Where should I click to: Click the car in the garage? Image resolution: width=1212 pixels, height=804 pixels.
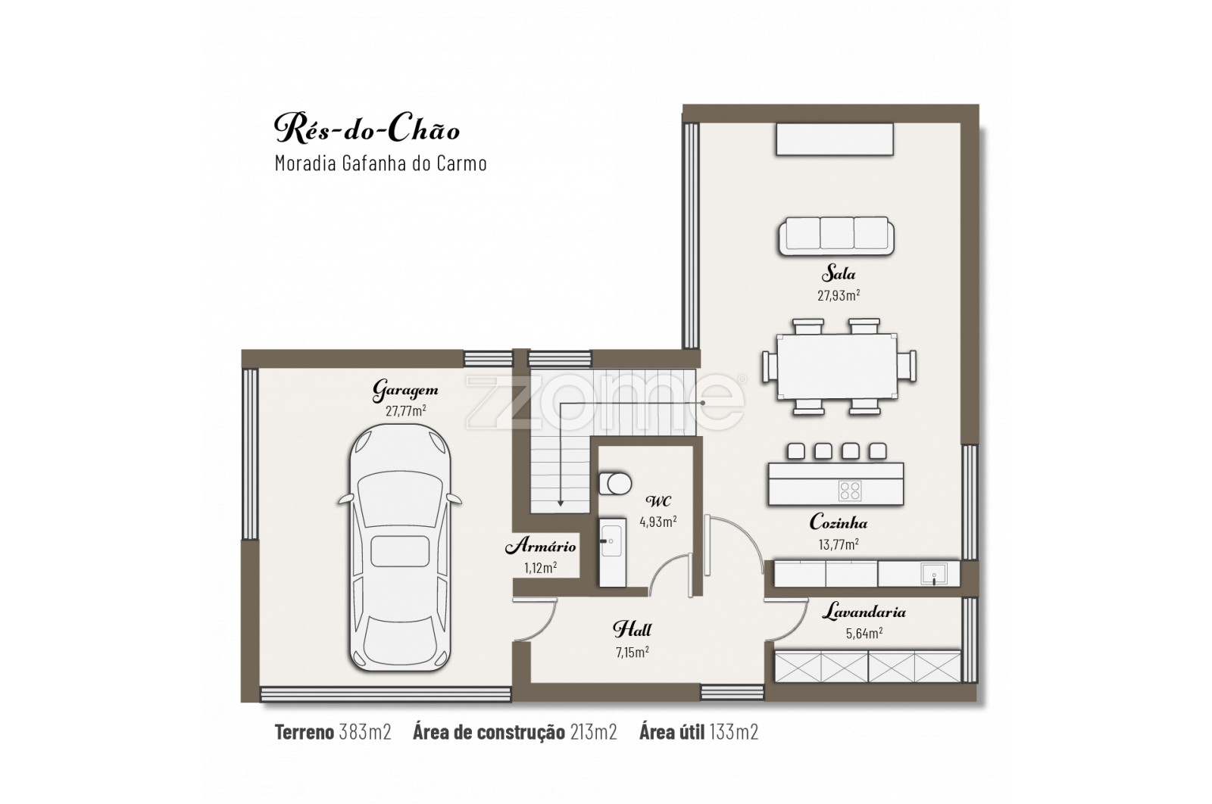(x=400, y=547)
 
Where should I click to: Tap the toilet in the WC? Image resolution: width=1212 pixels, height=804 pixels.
(x=615, y=483)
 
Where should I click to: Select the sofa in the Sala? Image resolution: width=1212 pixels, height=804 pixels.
(x=836, y=235)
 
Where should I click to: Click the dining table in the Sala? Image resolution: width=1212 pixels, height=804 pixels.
(x=837, y=366)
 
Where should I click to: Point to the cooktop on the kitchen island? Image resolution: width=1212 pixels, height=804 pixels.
(x=849, y=491)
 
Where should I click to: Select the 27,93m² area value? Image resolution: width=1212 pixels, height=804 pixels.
(x=839, y=295)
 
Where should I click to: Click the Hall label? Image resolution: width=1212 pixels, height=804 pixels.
(x=632, y=629)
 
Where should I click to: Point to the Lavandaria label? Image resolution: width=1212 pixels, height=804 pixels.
(x=864, y=612)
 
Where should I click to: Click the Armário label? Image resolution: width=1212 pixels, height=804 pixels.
(x=541, y=546)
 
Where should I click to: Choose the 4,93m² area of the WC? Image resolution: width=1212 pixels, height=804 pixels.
(x=658, y=522)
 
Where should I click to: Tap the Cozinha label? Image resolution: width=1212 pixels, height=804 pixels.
(x=838, y=522)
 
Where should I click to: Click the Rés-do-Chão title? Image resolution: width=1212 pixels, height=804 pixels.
(x=367, y=129)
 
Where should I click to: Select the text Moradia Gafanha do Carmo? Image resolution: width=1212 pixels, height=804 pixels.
(x=381, y=164)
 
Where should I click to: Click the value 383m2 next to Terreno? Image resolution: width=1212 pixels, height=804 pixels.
(x=365, y=732)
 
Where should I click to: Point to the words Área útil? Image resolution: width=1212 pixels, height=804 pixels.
(x=672, y=731)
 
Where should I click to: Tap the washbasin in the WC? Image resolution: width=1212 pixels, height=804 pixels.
(x=613, y=552)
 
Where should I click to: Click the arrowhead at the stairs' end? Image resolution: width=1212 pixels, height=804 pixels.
(x=561, y=503)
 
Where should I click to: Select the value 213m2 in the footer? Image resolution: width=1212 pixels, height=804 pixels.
(x=594, y=732)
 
